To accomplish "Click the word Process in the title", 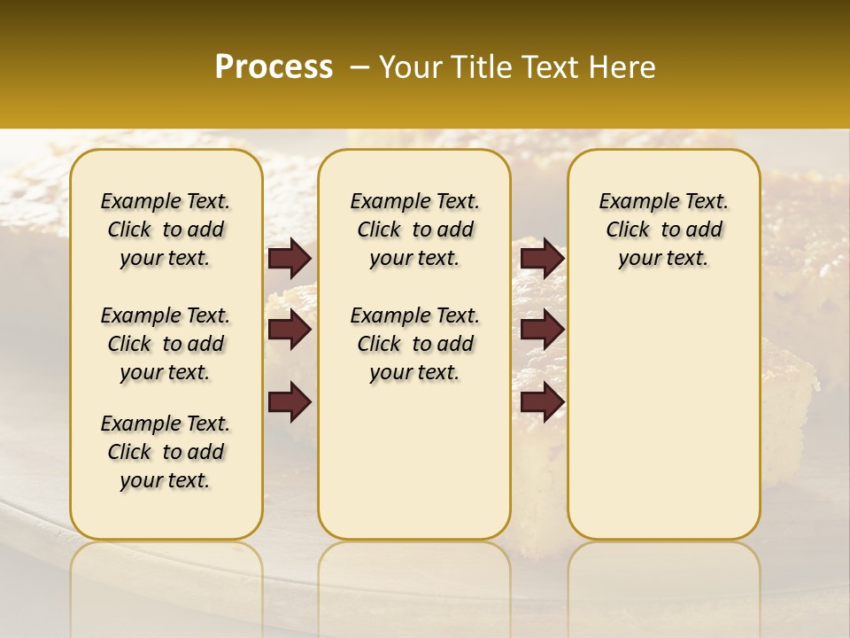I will click(x=274, y=66).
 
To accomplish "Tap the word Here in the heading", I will click(x=619, y=67).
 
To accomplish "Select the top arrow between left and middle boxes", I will click(x=290, y=259).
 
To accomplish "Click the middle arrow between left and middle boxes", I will click(x=290, y=331).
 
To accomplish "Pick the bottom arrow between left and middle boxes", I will click(x=290, y=401).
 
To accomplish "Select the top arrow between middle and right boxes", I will click(x=542, y=259).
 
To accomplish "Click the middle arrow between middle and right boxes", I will click(x=542, y=331).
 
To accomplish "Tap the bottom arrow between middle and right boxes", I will click(x=542, y=401).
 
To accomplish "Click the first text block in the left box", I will click(x=166, y=230).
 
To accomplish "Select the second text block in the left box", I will click(x=166, y=344).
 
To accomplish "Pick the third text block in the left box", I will click(x=166, y=452).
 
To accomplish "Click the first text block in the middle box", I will click(x=414, y=230).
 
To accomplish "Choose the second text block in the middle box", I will click(x=414, y=344).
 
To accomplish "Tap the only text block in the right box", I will click(x=663, y=230).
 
